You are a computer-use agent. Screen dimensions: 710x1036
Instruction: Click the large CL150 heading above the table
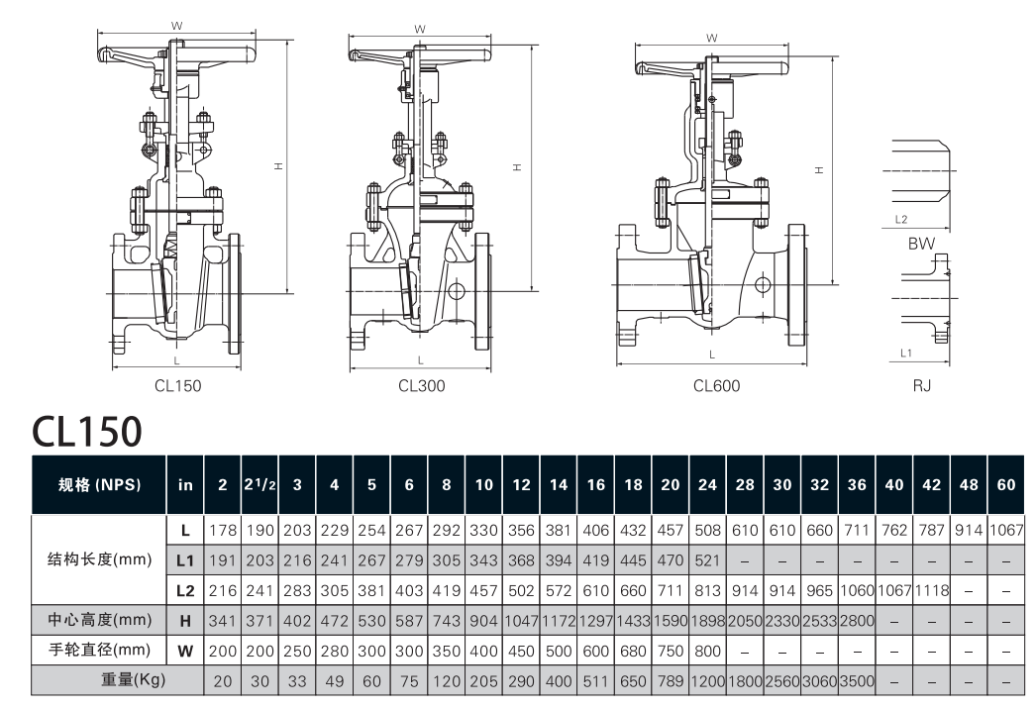(x=88, y=431)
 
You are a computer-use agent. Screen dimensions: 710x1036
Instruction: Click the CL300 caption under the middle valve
(x=421, y=386)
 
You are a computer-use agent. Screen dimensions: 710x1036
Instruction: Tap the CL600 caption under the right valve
(x=716, y=386)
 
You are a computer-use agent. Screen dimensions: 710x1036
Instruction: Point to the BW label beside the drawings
(x=921, y=242)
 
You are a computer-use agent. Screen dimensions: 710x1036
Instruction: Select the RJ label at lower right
(x=921, y=386)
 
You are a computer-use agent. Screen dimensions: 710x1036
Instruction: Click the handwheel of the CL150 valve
(x=168, y=52)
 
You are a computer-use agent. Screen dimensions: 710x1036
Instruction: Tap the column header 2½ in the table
(x=259, y=485)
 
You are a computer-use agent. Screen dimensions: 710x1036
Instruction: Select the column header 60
(x=1006, y=485)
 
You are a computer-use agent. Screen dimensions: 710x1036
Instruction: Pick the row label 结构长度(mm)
(x=99, y=559)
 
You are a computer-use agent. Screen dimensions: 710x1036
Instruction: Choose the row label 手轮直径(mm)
(x=99, y=651)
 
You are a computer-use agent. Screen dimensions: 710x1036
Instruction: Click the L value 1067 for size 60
(x=1006, y=530)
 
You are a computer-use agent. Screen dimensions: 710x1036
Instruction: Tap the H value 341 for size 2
(x=222, y=621)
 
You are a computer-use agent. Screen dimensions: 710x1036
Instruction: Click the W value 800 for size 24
(x=707, y=651)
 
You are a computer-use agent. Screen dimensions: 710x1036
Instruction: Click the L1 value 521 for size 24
(x=707, y=560)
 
